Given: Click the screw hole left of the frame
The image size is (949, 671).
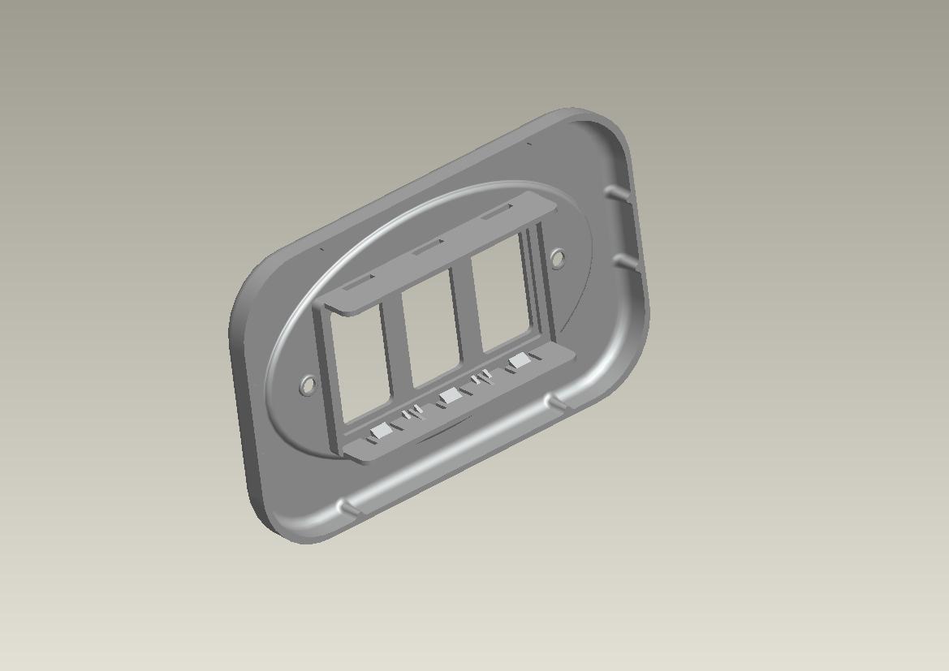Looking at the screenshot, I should point(307,385).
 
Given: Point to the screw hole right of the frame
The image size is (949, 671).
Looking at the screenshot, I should point(558,259).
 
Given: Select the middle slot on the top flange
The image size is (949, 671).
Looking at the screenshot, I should point(428,247).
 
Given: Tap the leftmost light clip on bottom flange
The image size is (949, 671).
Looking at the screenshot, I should point(379,432).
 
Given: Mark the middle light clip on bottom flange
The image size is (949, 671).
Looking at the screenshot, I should point(449,397).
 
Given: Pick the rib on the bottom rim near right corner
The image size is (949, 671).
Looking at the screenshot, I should point(557,401).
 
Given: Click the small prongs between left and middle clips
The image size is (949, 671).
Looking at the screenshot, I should point(412,414).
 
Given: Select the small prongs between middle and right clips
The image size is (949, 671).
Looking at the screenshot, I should point(482,378).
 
